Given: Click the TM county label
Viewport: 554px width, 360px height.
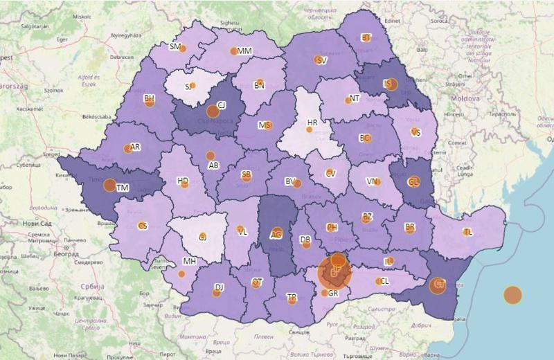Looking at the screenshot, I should [x=123, y=188].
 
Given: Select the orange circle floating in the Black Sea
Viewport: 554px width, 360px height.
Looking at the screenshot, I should [x=512, y=295].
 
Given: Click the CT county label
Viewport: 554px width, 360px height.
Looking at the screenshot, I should [x=439, y=283].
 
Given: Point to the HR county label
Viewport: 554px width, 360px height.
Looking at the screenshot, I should [x=312, y=123].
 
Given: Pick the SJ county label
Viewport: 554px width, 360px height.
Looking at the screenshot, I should [x=188, y=87].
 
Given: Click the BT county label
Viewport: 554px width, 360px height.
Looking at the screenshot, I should [x=366, y=38].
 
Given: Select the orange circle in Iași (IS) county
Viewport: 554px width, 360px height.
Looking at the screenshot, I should [x=391, y=84].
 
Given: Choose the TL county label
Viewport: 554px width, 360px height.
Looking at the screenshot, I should [x=469, y=232].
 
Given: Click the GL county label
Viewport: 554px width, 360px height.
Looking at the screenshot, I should [x=414, y=182].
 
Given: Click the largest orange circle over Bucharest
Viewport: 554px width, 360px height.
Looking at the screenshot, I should [x=335, y=273].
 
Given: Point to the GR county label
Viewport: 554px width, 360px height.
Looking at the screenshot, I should [x=333, y=293].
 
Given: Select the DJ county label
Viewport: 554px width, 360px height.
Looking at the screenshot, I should [x=219, y=287].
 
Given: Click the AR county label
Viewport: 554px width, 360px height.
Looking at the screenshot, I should [x=135, y=147].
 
